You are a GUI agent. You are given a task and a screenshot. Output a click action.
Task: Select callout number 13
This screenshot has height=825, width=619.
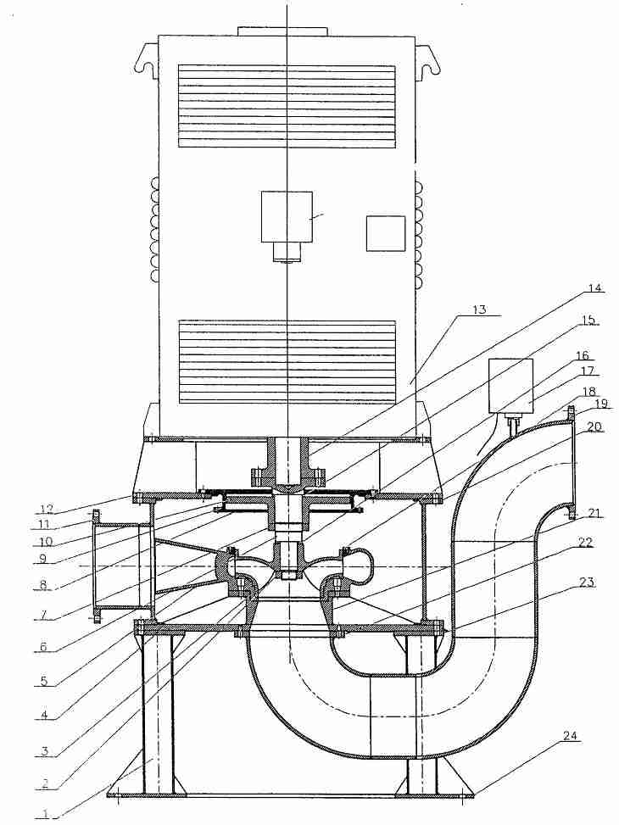479,309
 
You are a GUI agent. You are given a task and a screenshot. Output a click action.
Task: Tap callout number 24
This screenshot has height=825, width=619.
570,736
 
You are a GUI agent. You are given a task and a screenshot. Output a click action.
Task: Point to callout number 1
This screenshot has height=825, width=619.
46,814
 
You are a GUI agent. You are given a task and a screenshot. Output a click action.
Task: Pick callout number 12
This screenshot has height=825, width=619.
46,509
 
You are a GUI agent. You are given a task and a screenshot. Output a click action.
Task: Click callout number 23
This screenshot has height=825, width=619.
587,583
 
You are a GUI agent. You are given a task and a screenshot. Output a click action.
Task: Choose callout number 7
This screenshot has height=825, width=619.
45,615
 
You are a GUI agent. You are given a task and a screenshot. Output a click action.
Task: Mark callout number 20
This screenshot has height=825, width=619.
594,427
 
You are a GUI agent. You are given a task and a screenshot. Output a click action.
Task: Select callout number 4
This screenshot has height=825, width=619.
45,715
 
